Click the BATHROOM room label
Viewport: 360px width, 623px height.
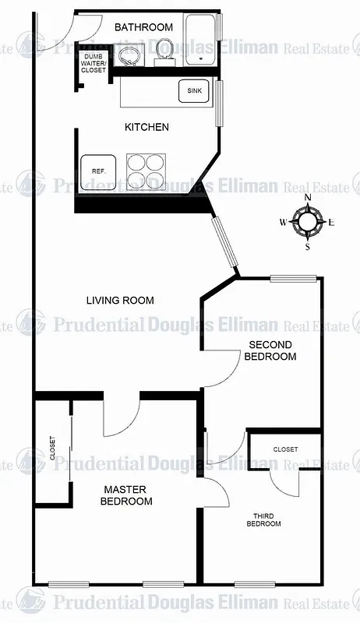tap(143, 27)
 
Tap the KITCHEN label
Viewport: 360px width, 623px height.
tap(146, 127)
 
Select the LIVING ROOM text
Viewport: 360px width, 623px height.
tap(120, 300)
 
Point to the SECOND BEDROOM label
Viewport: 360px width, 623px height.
tap(270, 350)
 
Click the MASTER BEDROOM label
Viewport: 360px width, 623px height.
tap(126, 495)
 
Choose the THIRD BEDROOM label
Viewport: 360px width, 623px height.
tap(264, 519)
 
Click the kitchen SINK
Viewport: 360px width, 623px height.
tap(194, 91)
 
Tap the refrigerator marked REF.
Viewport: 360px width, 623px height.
tap(98, 171)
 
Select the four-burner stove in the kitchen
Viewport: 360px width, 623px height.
tap(146, 171)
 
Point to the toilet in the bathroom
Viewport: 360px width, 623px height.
tap(163, 50)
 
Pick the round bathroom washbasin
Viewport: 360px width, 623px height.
tap(129, 55)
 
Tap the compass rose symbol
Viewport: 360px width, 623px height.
tap(308, 222)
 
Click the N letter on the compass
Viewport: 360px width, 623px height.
tap(308, 198)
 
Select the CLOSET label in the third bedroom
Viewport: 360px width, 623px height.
tap(285, 449)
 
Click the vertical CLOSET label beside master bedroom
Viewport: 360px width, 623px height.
tap(52, 469)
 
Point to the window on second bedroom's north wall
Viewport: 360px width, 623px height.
tap(293, 278)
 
